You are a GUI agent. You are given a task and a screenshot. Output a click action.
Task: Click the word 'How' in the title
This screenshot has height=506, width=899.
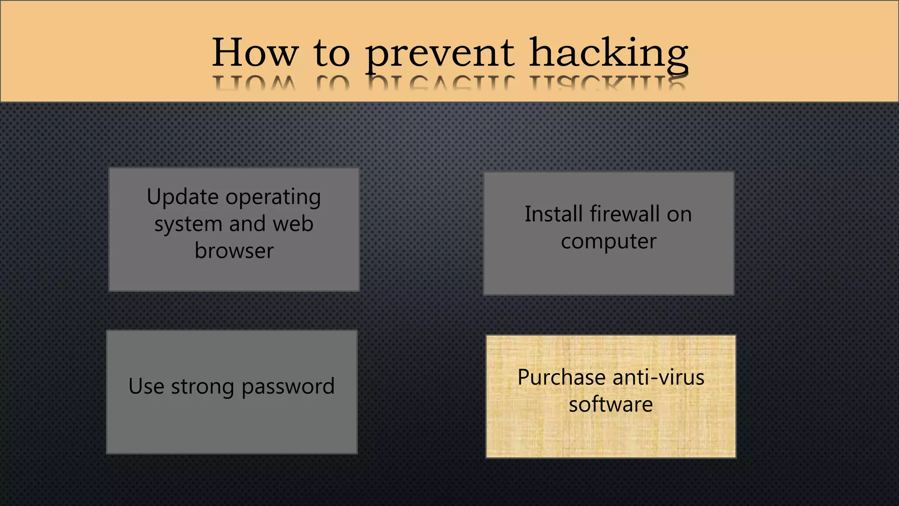click(255, 53)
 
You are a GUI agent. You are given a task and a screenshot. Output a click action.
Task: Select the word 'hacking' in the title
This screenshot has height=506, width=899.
click(608, 54)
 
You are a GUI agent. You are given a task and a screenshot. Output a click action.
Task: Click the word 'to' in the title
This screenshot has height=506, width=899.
click(331, 54)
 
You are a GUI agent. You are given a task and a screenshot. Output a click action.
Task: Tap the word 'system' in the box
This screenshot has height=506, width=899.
click(188, 224)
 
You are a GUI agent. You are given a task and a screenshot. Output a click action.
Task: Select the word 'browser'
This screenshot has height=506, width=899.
click(234, 251)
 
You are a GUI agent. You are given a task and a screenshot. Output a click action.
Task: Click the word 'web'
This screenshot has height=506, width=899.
click(293, 224)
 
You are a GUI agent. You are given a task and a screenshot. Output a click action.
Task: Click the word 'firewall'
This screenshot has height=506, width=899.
click(624, 214)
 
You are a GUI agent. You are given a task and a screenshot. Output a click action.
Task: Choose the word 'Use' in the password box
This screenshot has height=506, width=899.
click(146, 386)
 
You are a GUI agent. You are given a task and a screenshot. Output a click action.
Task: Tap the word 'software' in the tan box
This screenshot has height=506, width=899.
click(611, 405)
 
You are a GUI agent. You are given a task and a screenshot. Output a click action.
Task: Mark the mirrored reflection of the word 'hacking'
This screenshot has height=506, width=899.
click(608, 83)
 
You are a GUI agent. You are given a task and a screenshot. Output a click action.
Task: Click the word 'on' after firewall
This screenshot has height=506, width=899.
click(679, 215)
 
